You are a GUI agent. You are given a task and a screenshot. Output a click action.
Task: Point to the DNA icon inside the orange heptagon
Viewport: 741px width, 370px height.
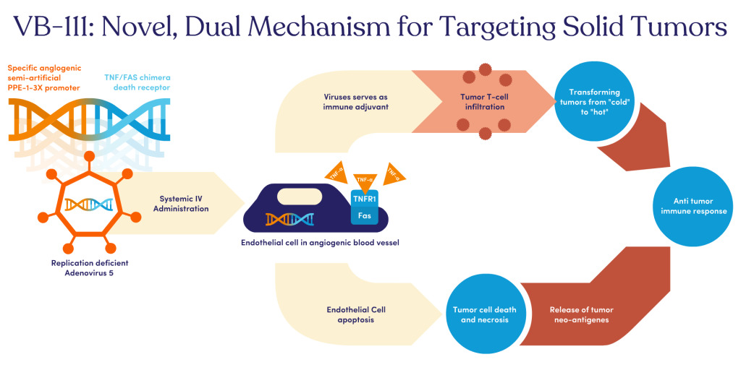88,205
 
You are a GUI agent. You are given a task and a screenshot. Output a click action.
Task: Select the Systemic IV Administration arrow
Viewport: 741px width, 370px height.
185,203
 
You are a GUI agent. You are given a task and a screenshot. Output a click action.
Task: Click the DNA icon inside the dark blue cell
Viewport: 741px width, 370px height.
289,218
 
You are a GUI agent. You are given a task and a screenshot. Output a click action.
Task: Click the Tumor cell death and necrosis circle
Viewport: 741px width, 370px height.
480,315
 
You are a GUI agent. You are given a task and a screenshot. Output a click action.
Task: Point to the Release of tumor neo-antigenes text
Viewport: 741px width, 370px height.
578,315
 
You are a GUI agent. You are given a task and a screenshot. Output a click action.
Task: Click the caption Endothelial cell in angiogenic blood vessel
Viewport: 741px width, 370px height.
320,244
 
